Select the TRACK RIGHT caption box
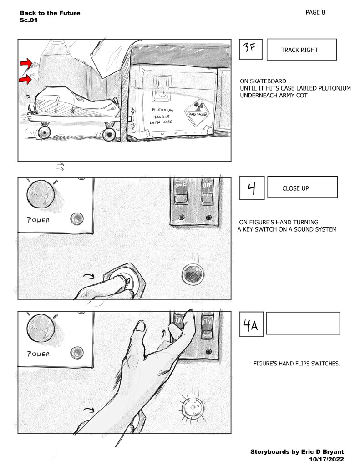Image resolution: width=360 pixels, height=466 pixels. [x=301, y=50]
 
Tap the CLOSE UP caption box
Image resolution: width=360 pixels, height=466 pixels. [x=302, y=187]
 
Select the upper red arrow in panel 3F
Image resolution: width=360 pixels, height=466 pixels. [x=25, y=63]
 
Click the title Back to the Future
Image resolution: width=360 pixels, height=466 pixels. [x=50, y=13]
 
